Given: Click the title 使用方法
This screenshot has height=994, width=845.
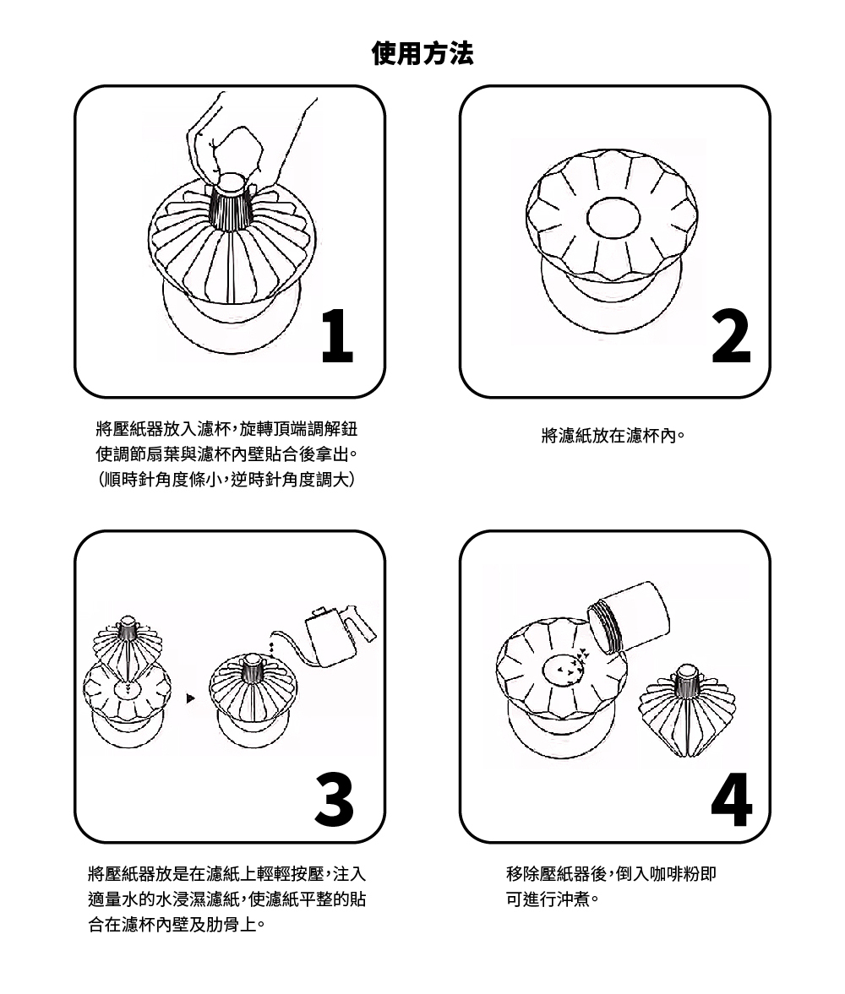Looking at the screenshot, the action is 422,53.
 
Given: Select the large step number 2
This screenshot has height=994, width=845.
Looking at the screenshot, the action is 731,336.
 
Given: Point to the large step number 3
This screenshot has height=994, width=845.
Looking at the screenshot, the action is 335,799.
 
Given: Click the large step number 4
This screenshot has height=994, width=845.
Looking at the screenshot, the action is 732,799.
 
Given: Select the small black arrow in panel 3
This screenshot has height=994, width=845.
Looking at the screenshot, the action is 190,698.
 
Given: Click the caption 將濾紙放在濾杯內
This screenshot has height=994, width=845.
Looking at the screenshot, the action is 613,436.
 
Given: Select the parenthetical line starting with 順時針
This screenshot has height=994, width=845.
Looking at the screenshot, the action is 226,480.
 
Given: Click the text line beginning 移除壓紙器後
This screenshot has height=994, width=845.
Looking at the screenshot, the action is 612,874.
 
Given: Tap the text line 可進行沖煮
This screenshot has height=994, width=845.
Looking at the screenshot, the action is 553,899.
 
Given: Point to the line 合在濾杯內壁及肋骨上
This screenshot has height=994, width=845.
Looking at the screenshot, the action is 177,925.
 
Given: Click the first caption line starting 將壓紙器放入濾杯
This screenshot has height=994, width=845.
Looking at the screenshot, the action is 226,429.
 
